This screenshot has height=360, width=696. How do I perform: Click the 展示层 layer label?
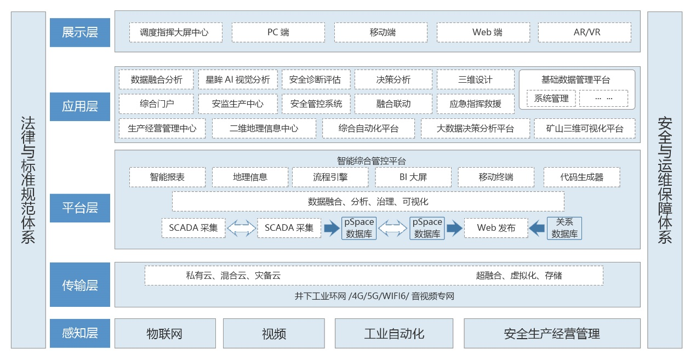tap(80, 32)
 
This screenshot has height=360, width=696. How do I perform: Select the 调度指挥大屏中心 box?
tap(176, 32)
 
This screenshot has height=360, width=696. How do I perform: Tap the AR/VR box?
tap(585, 32)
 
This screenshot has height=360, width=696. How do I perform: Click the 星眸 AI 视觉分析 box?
tap(238, 79)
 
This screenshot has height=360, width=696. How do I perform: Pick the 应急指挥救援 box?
tap(475, 104)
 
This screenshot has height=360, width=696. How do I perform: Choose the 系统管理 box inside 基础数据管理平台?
tap(551, 99)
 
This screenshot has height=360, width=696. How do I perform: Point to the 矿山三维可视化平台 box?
tap(585, 129)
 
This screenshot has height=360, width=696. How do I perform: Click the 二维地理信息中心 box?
tap(264, 129)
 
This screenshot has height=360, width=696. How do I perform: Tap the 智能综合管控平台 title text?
tap(372, 161)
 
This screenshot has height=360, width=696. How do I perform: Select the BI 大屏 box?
tap(413, 177)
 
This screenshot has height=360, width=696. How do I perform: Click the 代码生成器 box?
tap(582, 177)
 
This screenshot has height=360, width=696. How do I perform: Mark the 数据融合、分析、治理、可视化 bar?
tap(368, 202)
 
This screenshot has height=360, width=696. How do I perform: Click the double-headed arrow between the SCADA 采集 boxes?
tap(242, 228)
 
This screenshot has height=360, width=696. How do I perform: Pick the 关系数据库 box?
tap(564, 228)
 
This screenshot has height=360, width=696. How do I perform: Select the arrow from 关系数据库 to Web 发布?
tap(537, 228)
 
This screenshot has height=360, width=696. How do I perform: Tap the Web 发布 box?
tap(496, 228)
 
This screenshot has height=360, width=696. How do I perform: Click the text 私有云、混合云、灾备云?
tap(233, 276)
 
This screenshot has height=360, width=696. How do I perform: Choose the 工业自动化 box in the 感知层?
tap(394, 333)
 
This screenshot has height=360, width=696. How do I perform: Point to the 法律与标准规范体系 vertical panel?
tap(28, 180)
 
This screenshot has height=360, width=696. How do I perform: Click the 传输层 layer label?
tap(80, 285)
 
